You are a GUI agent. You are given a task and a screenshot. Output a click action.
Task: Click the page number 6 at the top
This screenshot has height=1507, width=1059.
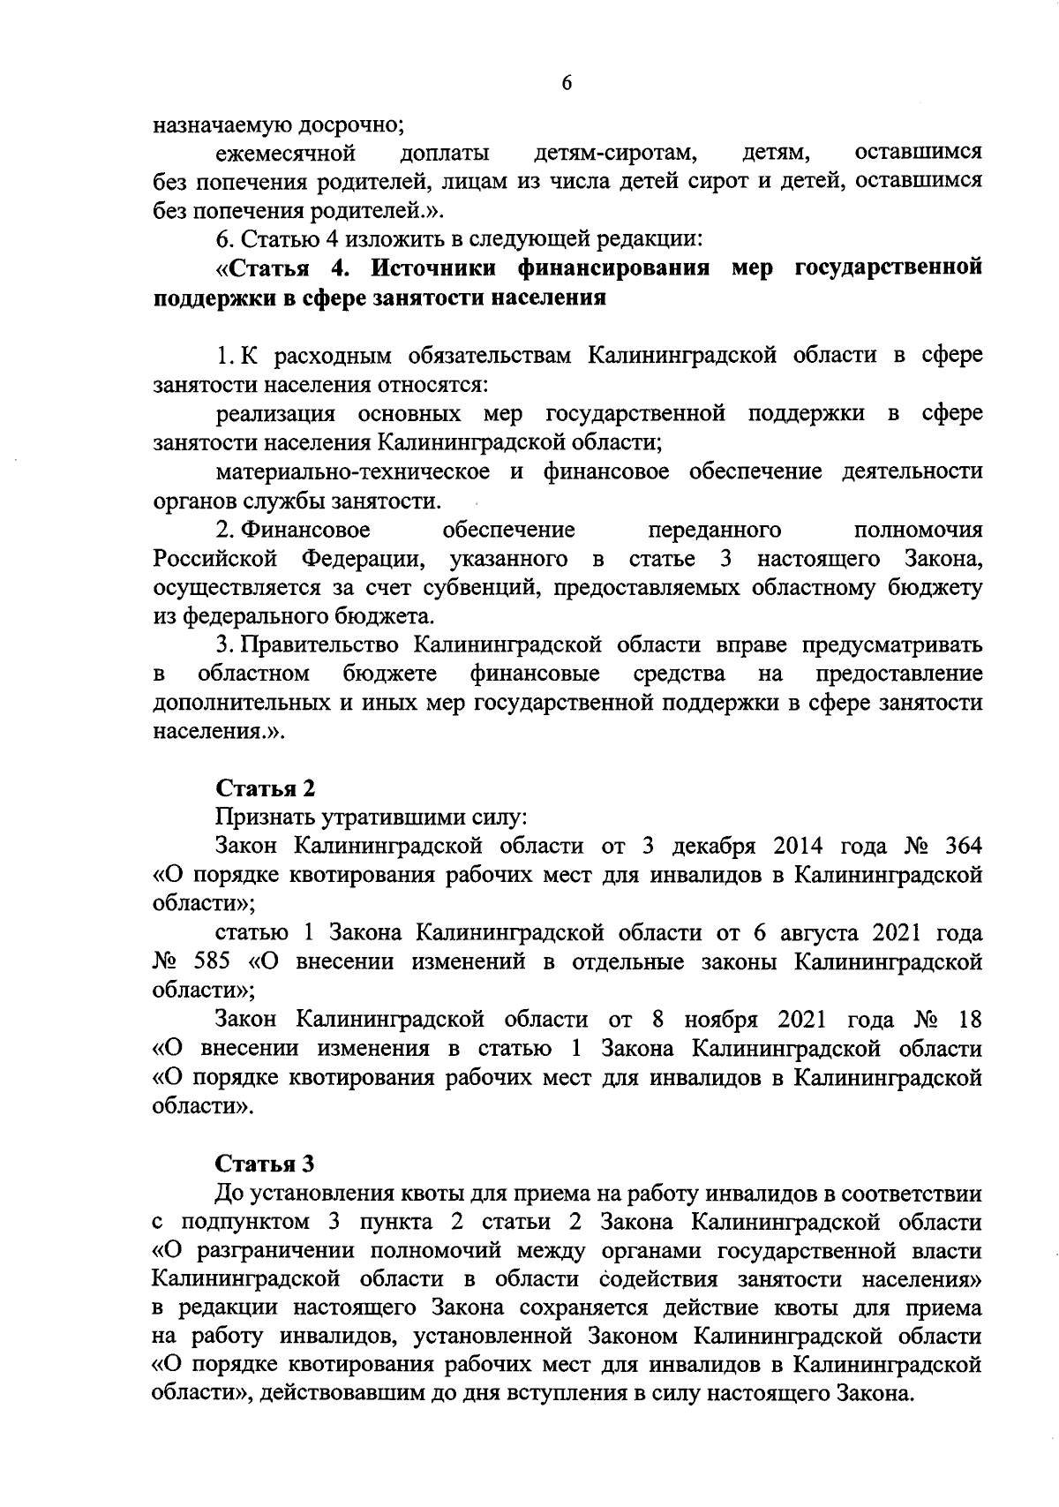point(567,83)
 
